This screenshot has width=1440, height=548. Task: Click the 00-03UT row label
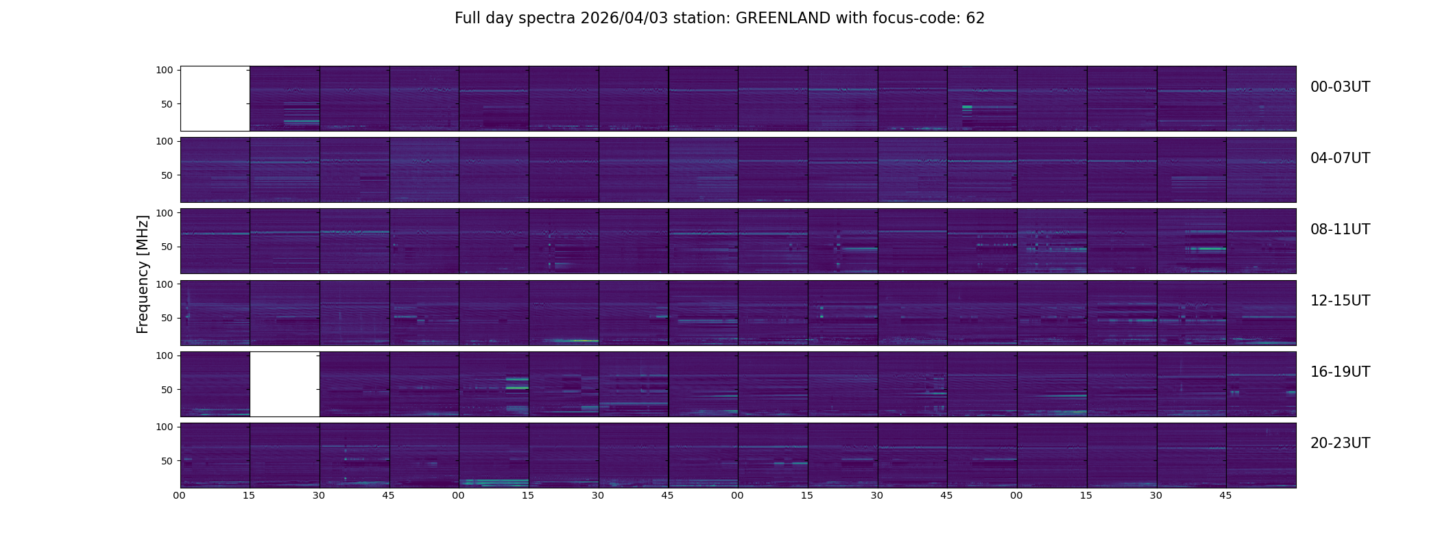coord(1339,87)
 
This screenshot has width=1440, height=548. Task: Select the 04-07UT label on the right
coord(1339,158)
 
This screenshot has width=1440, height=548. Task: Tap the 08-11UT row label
coord(1339,229)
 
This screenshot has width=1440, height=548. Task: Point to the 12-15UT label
coord(1339,301)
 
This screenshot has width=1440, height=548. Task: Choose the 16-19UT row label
coord(1339,372)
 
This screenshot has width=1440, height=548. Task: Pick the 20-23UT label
coord(1339,443)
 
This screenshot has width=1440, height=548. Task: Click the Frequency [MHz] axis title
coord(143,274)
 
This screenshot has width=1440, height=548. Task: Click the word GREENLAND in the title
coord(782,18)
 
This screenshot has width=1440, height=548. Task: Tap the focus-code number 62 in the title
coord(975,18)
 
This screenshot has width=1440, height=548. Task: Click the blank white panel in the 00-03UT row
coord(215,99)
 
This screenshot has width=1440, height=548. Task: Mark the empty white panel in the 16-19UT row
coord(285,384)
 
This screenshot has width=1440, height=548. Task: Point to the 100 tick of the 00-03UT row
coord(165,70)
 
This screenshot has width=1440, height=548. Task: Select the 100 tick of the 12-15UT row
coord(165,284)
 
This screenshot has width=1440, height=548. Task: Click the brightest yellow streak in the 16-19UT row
coord(517,388)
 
